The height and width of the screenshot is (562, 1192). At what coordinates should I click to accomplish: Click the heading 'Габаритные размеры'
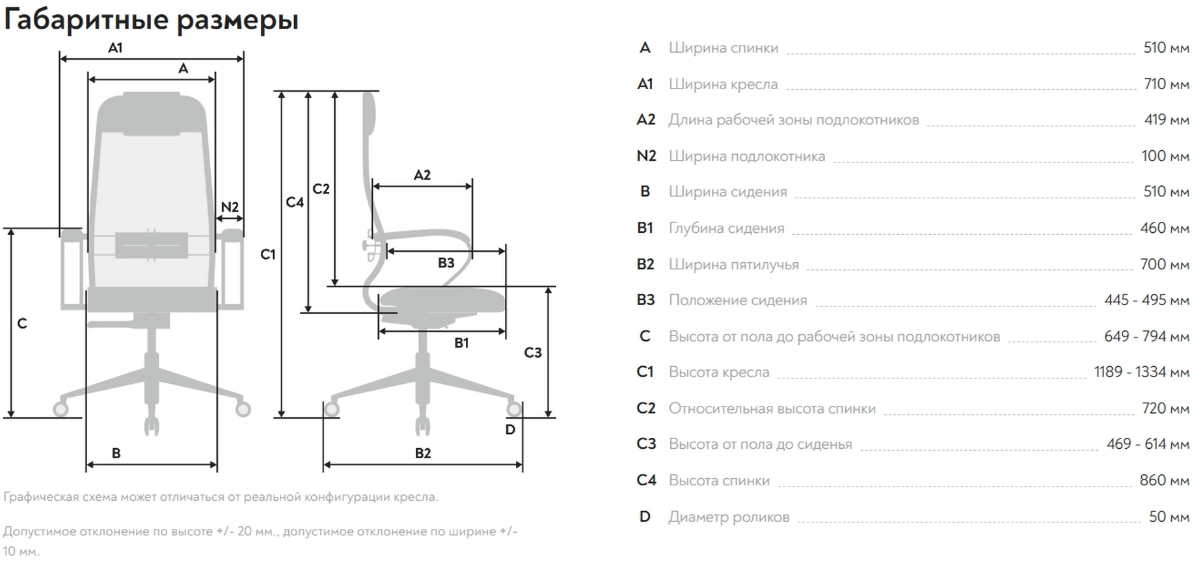pos(151,20)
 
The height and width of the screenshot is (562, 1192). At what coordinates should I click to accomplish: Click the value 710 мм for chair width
pos(1166,84)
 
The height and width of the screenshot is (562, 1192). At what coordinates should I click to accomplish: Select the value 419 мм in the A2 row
pos(1166,120)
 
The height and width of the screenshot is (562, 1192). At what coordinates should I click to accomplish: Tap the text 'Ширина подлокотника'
pos(746,156)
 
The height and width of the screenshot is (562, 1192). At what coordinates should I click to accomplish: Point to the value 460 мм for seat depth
pos(1164,228)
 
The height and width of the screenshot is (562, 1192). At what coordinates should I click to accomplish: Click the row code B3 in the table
pos(645,300)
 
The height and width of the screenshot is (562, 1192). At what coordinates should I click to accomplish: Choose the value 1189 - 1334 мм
pos(1141,372)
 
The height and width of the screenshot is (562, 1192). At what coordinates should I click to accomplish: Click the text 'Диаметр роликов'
pos(729,517)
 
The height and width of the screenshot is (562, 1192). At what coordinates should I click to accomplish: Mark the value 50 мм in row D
pos(1169,517)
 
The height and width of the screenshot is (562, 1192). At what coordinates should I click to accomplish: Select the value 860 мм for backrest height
pos(1164,481)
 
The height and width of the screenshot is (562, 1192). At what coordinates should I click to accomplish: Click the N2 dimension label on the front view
pos(230,207)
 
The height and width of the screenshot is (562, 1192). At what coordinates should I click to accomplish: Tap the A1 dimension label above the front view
pos(115,47)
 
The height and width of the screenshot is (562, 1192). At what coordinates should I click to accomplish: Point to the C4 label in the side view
pos(295,202)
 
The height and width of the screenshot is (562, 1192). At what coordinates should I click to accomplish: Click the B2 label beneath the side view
pos(423,453)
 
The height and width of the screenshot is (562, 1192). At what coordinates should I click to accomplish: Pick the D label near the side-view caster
pos(510,429)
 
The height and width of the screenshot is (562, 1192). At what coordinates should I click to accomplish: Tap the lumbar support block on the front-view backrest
pos(152,245)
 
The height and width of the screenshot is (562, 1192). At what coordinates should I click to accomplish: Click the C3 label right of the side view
pos(532,353)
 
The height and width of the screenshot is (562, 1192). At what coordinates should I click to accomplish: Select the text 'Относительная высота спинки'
pos(772,408)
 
